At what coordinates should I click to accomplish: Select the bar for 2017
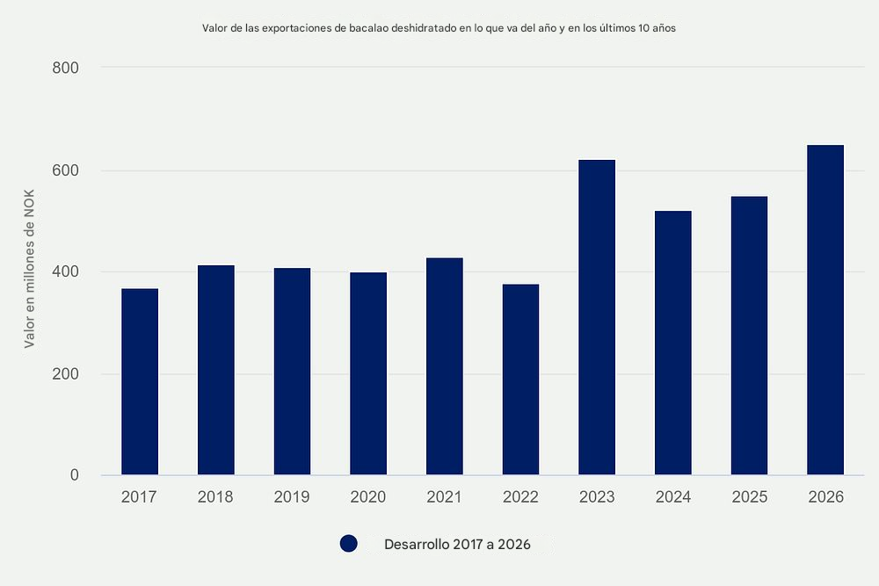pyautogui.click(x=140, y=382)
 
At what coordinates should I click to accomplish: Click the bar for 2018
pyautogui.click(x=216, y=370)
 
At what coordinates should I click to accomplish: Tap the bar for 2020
pyautogui.click(x=368, y=373)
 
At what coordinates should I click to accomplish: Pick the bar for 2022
pyautogui.click(x=520, y=380)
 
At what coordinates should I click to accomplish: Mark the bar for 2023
pyautogui.click(x=597, y=317)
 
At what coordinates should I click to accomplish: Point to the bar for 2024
pyautogui.click(x=673, y=343)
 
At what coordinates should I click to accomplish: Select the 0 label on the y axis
pyautogui.click(x=74, y=476)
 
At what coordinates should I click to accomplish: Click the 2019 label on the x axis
pyautogui.click(x=292, y=497)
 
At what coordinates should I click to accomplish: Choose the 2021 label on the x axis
pyautogui.click(x=444, y=497)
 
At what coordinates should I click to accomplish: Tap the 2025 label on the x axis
pyautogui.click(x=749, y=497)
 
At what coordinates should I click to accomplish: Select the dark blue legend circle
pyautogui.click(x=348, y=544)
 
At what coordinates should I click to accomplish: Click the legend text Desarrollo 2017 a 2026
pyautogui.click(x=457, y=545)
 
